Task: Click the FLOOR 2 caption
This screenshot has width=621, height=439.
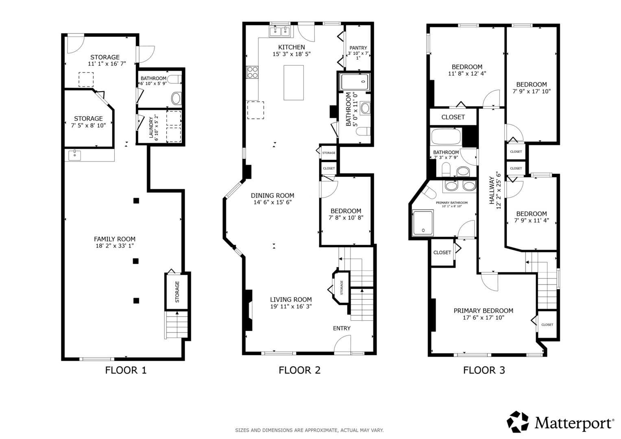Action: click(x=299, y=370)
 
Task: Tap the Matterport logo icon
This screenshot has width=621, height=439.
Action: click(x=518, y=422)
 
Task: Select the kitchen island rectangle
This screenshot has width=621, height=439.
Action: click(x=294, y=83)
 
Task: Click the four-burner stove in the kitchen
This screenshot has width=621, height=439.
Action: click(x=252, y=72)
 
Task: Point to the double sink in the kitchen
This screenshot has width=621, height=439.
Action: click(x=279, y=31)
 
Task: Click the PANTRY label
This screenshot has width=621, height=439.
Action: click(x=358, y=48)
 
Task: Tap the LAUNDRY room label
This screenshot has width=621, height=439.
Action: click(x=151, y=127)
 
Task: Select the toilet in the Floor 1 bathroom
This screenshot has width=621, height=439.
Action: click(x=174, y=80)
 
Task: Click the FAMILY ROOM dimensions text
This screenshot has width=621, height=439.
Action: click(x=115, y=246)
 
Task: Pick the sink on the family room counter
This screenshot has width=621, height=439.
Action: click(x=74, y=155)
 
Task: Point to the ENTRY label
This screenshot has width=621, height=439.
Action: click(x=342, y=328)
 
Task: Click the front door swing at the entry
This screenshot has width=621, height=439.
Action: click(x=342, y=345)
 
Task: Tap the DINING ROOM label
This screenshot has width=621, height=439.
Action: click(x=272, y=196)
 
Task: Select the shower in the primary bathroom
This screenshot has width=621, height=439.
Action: click(x=423, y=223)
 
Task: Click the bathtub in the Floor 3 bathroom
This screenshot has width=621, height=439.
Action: click(x=446, y=136)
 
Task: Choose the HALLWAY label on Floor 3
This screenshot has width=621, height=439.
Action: click(x=492, y=190)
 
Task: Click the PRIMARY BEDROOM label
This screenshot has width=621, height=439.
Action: click(x=484, y=311)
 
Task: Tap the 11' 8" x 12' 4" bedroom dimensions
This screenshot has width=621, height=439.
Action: click(x=467, y=74)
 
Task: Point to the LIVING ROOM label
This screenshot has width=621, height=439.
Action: click(x=291, y=300)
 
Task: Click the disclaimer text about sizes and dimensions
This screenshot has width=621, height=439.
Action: click(x=309, y=430)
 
